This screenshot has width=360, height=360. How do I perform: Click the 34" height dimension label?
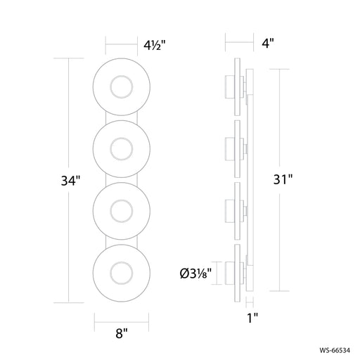click(70, 181)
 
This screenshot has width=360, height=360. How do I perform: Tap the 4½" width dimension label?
click(155, 45)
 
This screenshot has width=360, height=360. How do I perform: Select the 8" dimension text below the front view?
click(122, 333)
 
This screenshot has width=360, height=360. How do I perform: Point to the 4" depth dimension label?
click(268, 43)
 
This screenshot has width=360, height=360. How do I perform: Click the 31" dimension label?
click(283, 179)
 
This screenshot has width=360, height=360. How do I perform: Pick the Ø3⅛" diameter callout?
click(195, 274)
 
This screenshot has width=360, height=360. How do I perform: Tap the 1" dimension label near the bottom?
click(252, 318)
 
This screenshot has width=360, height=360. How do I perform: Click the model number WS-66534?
click(335, 350)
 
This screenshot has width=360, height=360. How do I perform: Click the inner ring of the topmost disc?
click(122, 75)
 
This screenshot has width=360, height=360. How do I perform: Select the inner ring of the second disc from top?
click(122, 138)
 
